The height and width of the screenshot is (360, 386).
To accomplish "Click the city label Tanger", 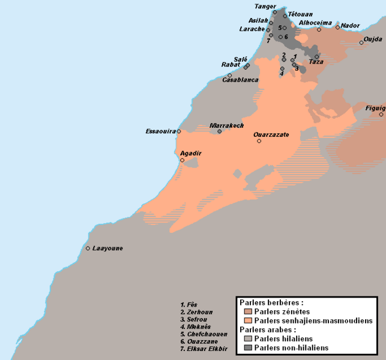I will click(x=265, y=6).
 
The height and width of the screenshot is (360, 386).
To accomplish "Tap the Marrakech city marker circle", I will click(x=220, y=131).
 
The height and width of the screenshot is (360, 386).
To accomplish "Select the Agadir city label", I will click(x=191, y=154).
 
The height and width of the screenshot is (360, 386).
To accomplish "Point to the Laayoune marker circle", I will click(x=88, y=248).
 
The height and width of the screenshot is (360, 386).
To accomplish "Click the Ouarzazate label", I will click(x=272, y=134).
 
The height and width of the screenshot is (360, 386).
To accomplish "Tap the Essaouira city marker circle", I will click(x=179, y=131).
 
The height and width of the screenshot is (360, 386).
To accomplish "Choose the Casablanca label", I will click(x=240, y=80).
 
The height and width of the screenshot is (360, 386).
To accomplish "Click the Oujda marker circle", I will click(x=361, y=42).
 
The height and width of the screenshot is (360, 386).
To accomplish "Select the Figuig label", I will click(x=375, y=107).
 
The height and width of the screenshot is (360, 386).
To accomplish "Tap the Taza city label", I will click(x=316, y=62).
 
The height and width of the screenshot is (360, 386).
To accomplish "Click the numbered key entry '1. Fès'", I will click(x=189, y=305).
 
